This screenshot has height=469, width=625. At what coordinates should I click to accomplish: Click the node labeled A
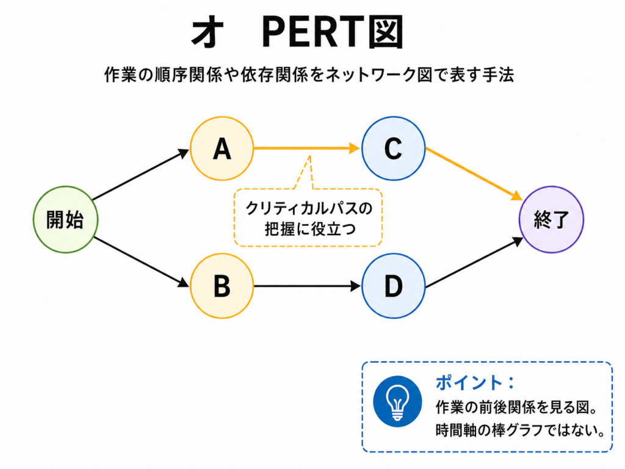coord(222,148)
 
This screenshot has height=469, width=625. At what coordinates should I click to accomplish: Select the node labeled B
coord(222,285)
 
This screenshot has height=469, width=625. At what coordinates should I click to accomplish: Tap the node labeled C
coord(393,148)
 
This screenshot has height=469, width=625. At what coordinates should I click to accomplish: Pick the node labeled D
coord(393,285)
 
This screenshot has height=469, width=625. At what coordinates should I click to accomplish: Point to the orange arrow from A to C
coord(305,148)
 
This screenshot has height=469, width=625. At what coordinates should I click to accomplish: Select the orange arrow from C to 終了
coord(474,173)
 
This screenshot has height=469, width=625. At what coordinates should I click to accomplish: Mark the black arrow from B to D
coord(305,285)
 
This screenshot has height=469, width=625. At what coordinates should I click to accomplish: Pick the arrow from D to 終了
coord(474,264)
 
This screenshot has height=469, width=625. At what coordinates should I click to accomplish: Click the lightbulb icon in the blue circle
coord(398,401)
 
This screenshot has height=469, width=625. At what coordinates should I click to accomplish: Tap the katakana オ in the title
coord(208,34)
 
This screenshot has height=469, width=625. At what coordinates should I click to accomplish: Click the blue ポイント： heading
coord(475,383)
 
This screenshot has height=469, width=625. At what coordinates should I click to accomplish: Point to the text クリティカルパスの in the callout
coord(308,208)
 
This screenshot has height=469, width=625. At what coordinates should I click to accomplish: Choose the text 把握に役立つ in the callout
coord(308,230)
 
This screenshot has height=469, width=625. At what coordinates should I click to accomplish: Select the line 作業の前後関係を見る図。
coord(516,407)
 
